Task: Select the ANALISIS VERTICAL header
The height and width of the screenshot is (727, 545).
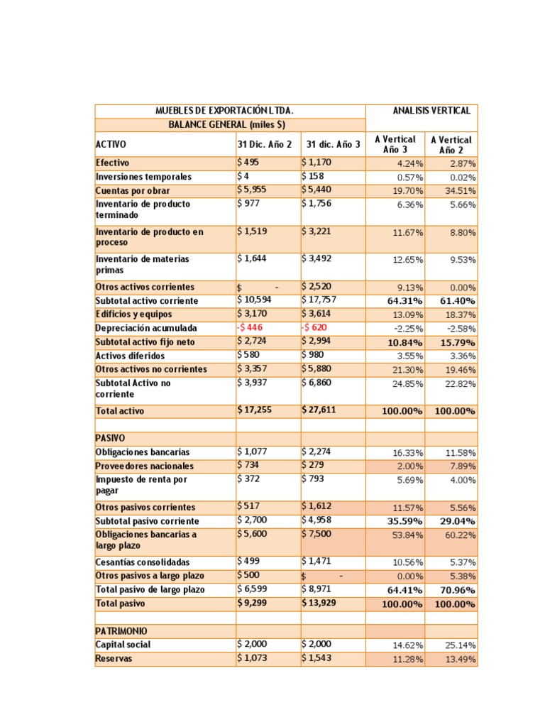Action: tap(431, 111)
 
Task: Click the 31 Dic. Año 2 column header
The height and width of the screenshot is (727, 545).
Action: tap(264, 144)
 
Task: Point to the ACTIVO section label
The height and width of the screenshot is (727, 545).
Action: tap(111, 144)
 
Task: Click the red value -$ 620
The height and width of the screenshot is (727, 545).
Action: tap(316, 328)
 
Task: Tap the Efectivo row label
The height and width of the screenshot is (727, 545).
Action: tap(113, 163)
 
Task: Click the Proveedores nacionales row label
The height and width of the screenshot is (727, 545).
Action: tap(144, 466)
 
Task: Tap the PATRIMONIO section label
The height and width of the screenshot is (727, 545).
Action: tap(122, 631)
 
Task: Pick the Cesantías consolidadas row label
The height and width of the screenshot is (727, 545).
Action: tap(143, 562)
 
